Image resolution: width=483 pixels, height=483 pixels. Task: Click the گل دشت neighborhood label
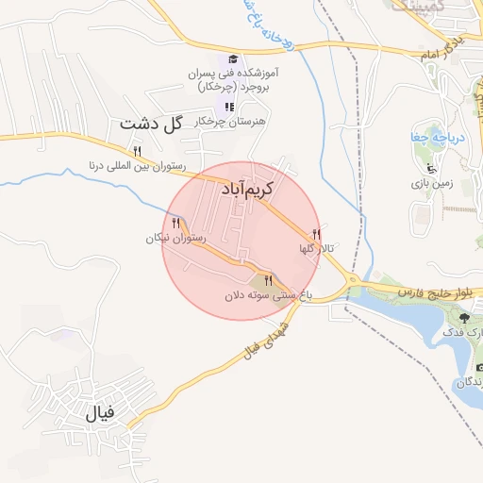click(x=150, y=124)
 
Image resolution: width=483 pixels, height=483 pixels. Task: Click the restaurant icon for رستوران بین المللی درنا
click(x=138, y=151)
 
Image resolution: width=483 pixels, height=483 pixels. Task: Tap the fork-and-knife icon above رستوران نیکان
click(x=176, y=223)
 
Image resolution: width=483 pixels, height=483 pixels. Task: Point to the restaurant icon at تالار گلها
click(x=316, y=234)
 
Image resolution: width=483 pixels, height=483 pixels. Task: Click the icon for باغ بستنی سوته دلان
click(x=269, y=280)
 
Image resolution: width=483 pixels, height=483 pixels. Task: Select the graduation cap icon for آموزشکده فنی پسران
click(x=231, y=58)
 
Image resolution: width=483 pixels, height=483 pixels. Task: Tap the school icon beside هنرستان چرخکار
click(x=229, y=107)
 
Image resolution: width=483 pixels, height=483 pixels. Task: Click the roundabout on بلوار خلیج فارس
click(x=351, y=282)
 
